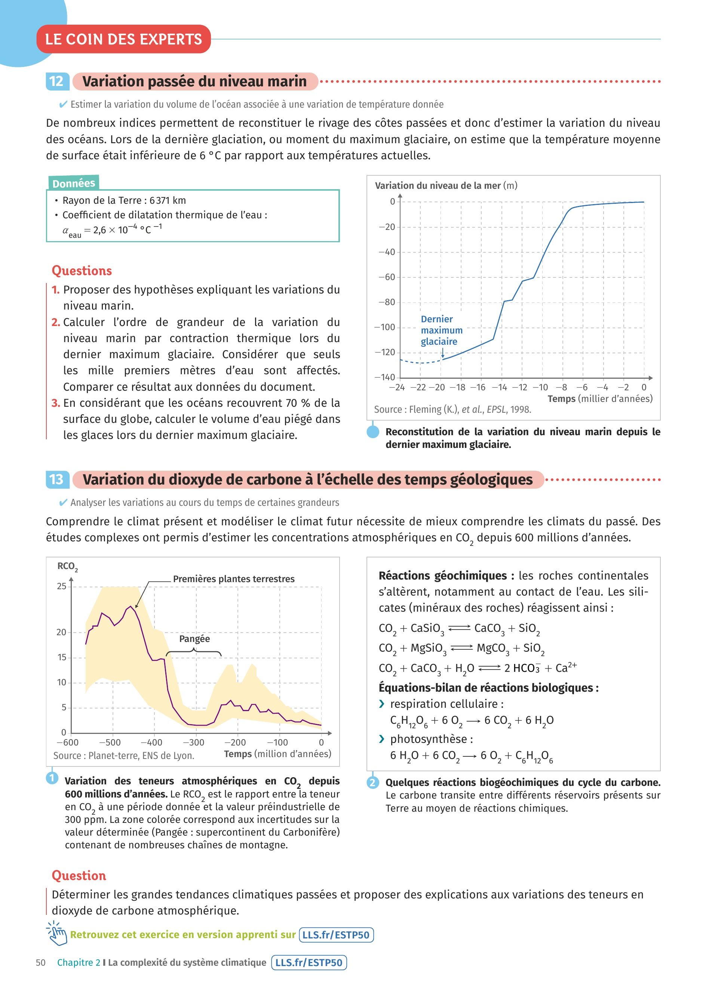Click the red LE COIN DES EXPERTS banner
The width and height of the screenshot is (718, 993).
[123, 39]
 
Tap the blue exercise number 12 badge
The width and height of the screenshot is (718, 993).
[57, 82]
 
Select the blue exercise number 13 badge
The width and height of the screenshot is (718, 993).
[57, 479]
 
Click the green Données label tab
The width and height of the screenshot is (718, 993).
[74, 183]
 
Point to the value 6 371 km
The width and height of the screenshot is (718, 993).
[168, 200]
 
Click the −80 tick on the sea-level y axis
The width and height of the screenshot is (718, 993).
[387, 302]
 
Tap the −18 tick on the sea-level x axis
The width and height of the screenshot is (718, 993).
[458, 387]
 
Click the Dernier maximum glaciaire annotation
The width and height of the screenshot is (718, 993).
[441, 330]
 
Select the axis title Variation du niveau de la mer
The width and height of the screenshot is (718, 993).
[438, 186]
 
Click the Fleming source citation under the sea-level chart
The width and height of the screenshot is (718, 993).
[452, 409]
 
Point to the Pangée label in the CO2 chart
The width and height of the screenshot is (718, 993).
[194, 639]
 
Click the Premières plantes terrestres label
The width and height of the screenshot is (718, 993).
[234, 579]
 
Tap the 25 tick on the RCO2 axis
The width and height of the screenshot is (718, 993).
[61, 586]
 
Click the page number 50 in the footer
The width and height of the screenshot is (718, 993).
[41, 962]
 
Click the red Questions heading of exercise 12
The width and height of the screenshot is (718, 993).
[82, 271]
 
